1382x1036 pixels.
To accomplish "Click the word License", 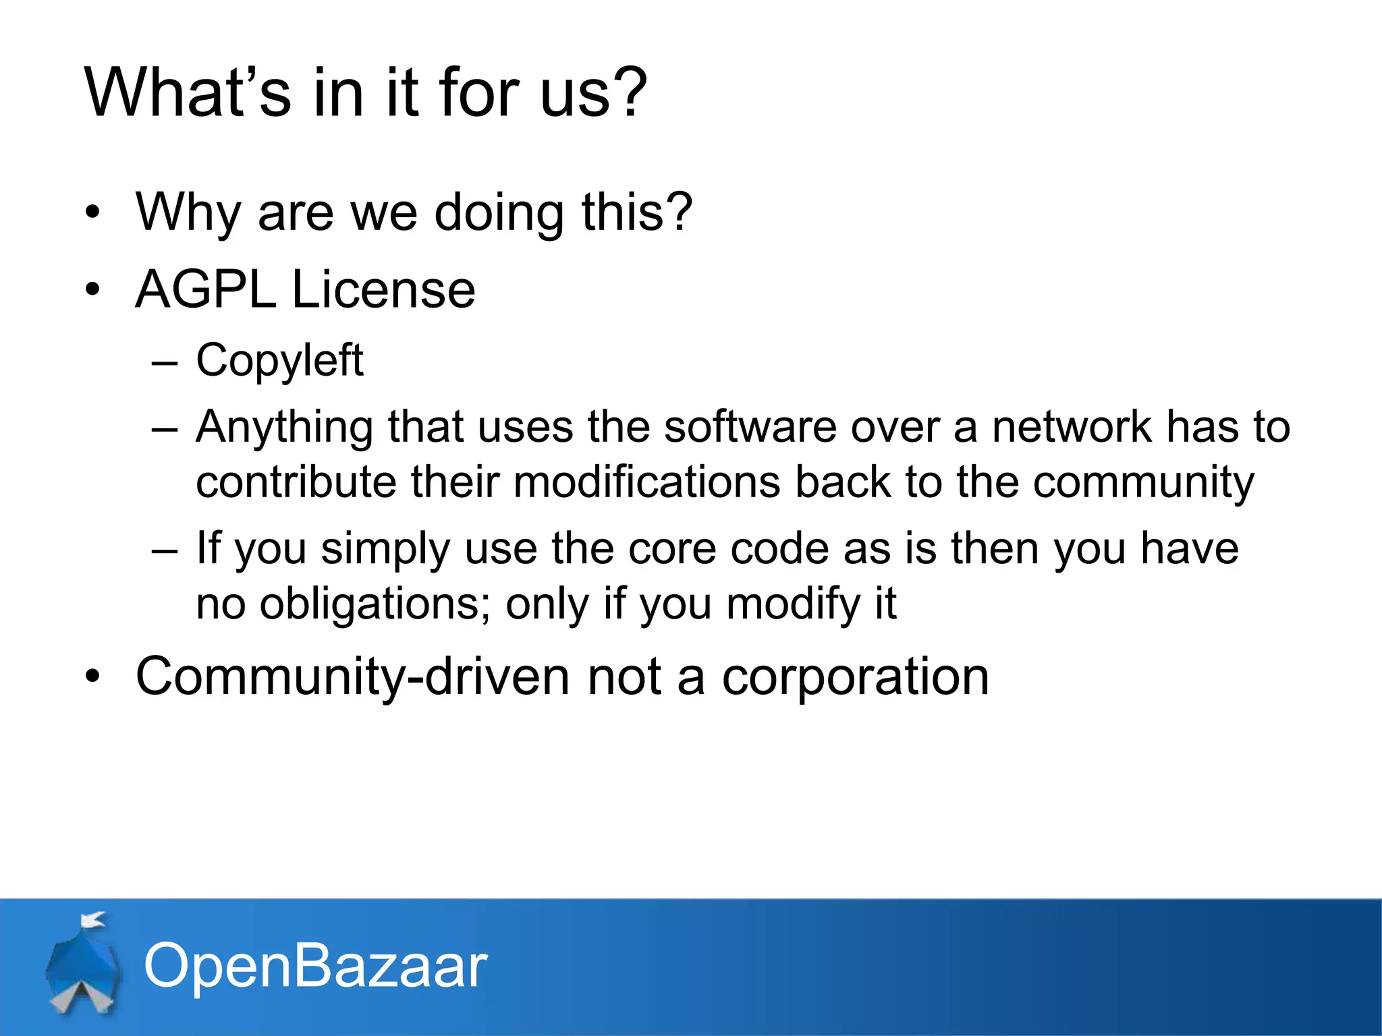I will pyautogui.click(x=383, y=289).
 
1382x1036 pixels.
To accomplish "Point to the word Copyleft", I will pyautogui.click(x=279, y=361).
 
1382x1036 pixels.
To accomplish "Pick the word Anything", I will pyautogui.click(x=284, y=428).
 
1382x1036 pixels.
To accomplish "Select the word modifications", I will pyautogui.click(x=646, y=483).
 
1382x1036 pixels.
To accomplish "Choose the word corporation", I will pyautogui.click(x=855, y=678).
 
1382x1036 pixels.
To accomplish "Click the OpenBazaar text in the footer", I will pyautogui.click(x=315, y=966).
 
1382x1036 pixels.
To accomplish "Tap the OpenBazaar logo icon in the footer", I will pyautogui.click(x=82, y=965).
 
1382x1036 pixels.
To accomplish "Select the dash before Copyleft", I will pyautogui.click(x=165, y=362).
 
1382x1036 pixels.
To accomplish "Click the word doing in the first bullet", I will pyautogui.click(x=499, y=212).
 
